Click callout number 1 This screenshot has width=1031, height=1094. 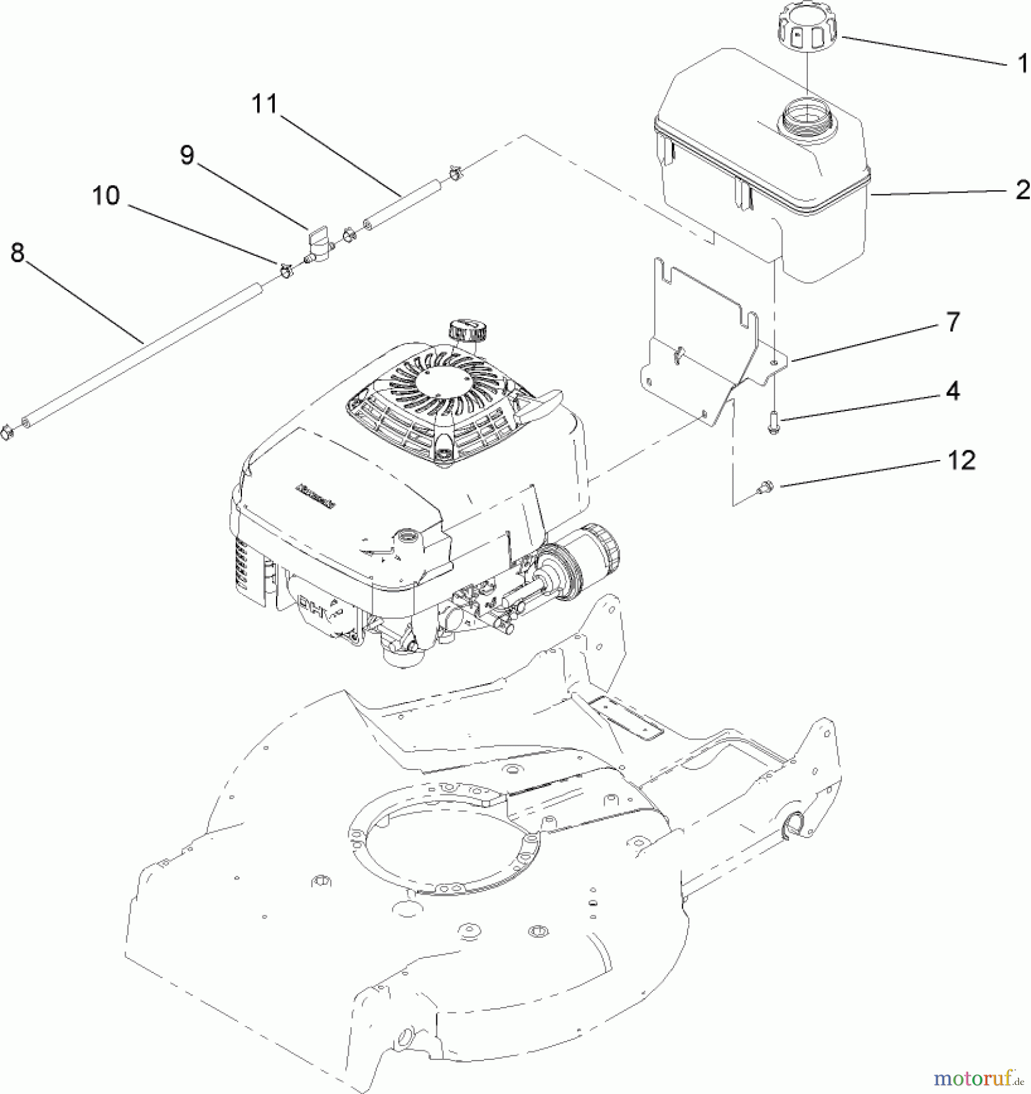coord(1022,64)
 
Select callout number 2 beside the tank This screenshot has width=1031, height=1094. coord(1022,190)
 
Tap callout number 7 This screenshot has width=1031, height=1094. coord(952,322)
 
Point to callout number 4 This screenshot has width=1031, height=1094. coord(953,391)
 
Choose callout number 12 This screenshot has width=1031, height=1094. coord(960,460)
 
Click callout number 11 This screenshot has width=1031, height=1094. coord(265,105)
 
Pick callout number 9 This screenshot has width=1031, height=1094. coord(187,156)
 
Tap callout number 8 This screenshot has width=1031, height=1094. coord(18,253)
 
